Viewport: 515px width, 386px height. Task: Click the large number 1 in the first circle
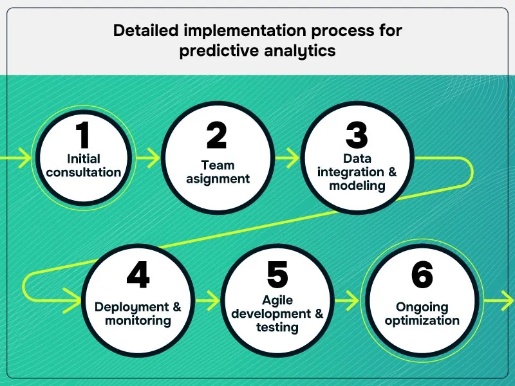tap(83, 136)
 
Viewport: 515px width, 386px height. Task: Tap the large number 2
tap(217, 136)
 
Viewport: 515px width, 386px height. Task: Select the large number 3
tap(357, 136)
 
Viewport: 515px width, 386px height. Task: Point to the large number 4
tap(138, 275)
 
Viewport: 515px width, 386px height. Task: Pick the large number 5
tap(277, 275)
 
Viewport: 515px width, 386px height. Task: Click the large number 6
tap(422, 275)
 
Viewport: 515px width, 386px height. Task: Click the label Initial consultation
tap(84, 165)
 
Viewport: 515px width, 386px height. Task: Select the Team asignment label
tap(218, 172)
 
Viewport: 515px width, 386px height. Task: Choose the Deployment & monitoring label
tap(138, 313)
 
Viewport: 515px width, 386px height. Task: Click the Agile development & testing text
tap(277, 313)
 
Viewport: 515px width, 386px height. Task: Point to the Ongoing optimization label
tap(422, 313)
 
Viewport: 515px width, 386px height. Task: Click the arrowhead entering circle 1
tap(24, 157)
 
